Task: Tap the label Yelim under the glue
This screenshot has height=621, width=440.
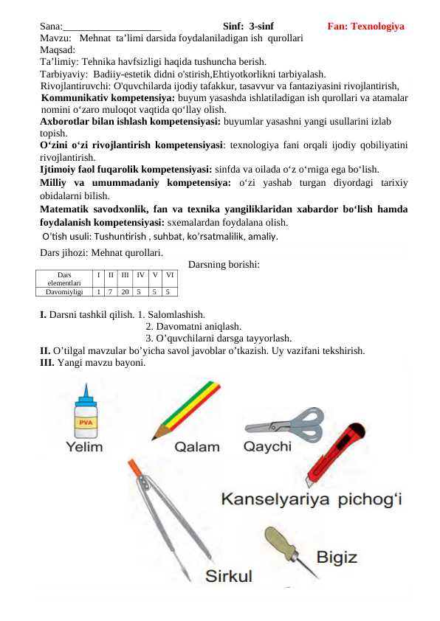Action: coord(85,447)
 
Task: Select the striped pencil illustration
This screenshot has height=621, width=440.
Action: coord(185,409)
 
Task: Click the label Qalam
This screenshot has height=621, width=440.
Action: coord(197,447)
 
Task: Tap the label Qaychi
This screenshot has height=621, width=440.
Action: coord(267,446)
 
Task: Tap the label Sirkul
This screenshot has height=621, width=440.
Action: coord(229,575)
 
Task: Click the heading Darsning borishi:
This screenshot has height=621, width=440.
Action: coord(224,263)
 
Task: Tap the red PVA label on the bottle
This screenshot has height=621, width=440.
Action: coord(86,423)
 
